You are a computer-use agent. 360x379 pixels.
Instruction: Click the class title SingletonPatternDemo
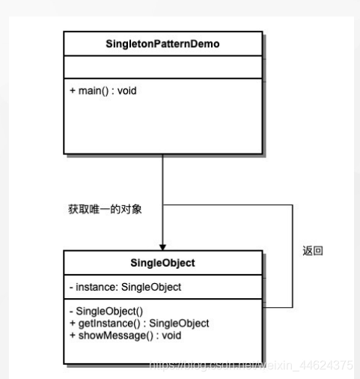pyautogui.click(x=162, y=44)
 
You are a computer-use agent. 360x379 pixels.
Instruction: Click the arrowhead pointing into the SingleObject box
pyautogui.click(x=162, y=248)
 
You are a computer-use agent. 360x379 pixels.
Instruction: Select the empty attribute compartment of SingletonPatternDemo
pyautogui.click(x=162, y=69)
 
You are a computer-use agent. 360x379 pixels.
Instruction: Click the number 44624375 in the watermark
pyautogui.click(x=328, y=365)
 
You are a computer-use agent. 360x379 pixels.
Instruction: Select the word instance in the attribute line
pyautogui.click(x=93, y=287)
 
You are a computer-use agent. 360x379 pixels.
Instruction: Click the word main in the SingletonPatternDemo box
pyautogui.click(x=88, y=91)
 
